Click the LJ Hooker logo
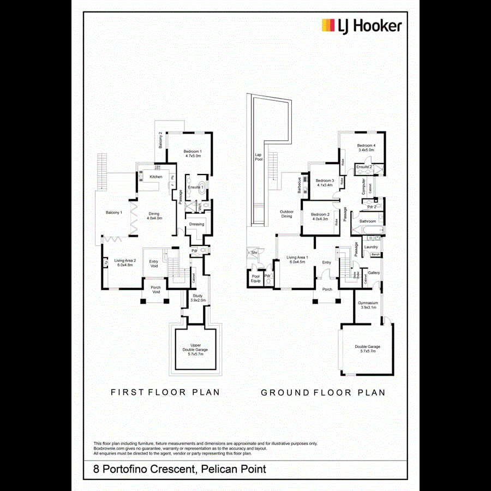click(x=361, y=26)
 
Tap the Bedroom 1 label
click(x=193, y=153)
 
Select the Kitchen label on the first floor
click(x=157, y=177)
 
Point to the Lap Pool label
click(x=259, y=157)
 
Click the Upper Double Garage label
click(x=195, y=350)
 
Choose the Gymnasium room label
click(x=368, y=304)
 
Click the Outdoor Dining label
click(x=287, y=214)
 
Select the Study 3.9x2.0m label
click(x=197, y=298)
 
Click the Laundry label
click(x=371, y=247)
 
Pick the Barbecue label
click(x=300, y=185)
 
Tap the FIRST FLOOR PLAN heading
click(x=165, y=392)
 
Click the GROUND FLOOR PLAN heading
click(x=323, y=392)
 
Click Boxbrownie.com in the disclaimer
click(x=111, y=448)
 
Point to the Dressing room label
click(x=196, y=224)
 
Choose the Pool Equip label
click(x=256, y=278)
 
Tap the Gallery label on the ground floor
click(x=374, y=273)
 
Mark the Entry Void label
click(x=154, y=264)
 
